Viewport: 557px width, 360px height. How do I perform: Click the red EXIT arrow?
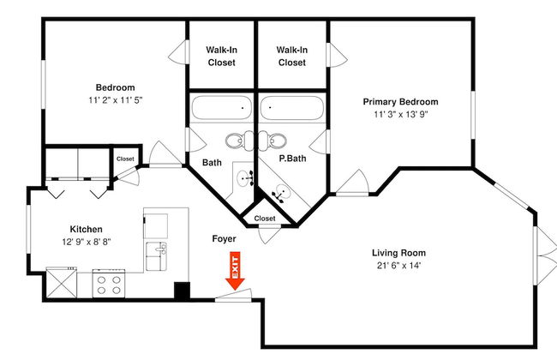(235, 271)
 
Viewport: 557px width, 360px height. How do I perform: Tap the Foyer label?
(224, 239)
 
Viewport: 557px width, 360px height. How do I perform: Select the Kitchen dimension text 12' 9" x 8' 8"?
(87, 242)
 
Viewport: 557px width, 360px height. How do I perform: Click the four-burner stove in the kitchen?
(109, 283)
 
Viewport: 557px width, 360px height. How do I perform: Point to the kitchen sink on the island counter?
(156, 256)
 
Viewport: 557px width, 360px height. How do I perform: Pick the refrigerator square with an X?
(62, 283)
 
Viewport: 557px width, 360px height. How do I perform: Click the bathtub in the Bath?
(222, 108)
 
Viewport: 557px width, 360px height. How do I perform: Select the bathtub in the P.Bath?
(292, 108)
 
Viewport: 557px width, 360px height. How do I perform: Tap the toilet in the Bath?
(240, 141)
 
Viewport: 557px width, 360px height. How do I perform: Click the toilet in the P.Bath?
(273, 141)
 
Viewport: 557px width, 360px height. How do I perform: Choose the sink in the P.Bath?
(281, 194)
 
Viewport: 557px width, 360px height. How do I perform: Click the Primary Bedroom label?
(400, 102)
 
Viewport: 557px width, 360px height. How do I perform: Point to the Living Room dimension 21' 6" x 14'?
(399, 266)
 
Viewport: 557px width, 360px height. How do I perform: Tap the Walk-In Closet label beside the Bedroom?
(222, 57)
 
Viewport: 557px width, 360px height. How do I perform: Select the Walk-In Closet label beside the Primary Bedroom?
(292, 57)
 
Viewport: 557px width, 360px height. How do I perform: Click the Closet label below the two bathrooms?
(265, 219)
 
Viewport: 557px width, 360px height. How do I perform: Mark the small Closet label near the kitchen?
(125, 159)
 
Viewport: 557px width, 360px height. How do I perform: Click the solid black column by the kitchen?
(182, 291)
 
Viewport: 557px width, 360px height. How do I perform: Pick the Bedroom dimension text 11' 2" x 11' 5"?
(116, 100)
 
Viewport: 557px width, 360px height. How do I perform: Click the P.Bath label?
(292, 159)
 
